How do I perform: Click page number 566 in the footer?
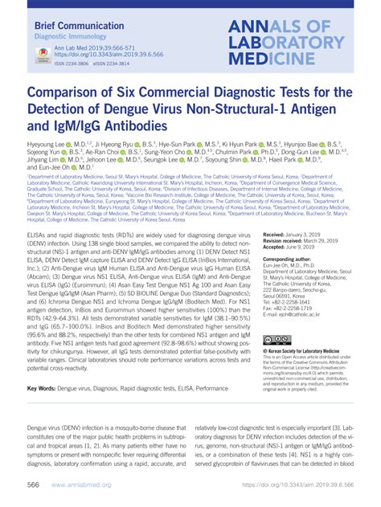tap(35, 487)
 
